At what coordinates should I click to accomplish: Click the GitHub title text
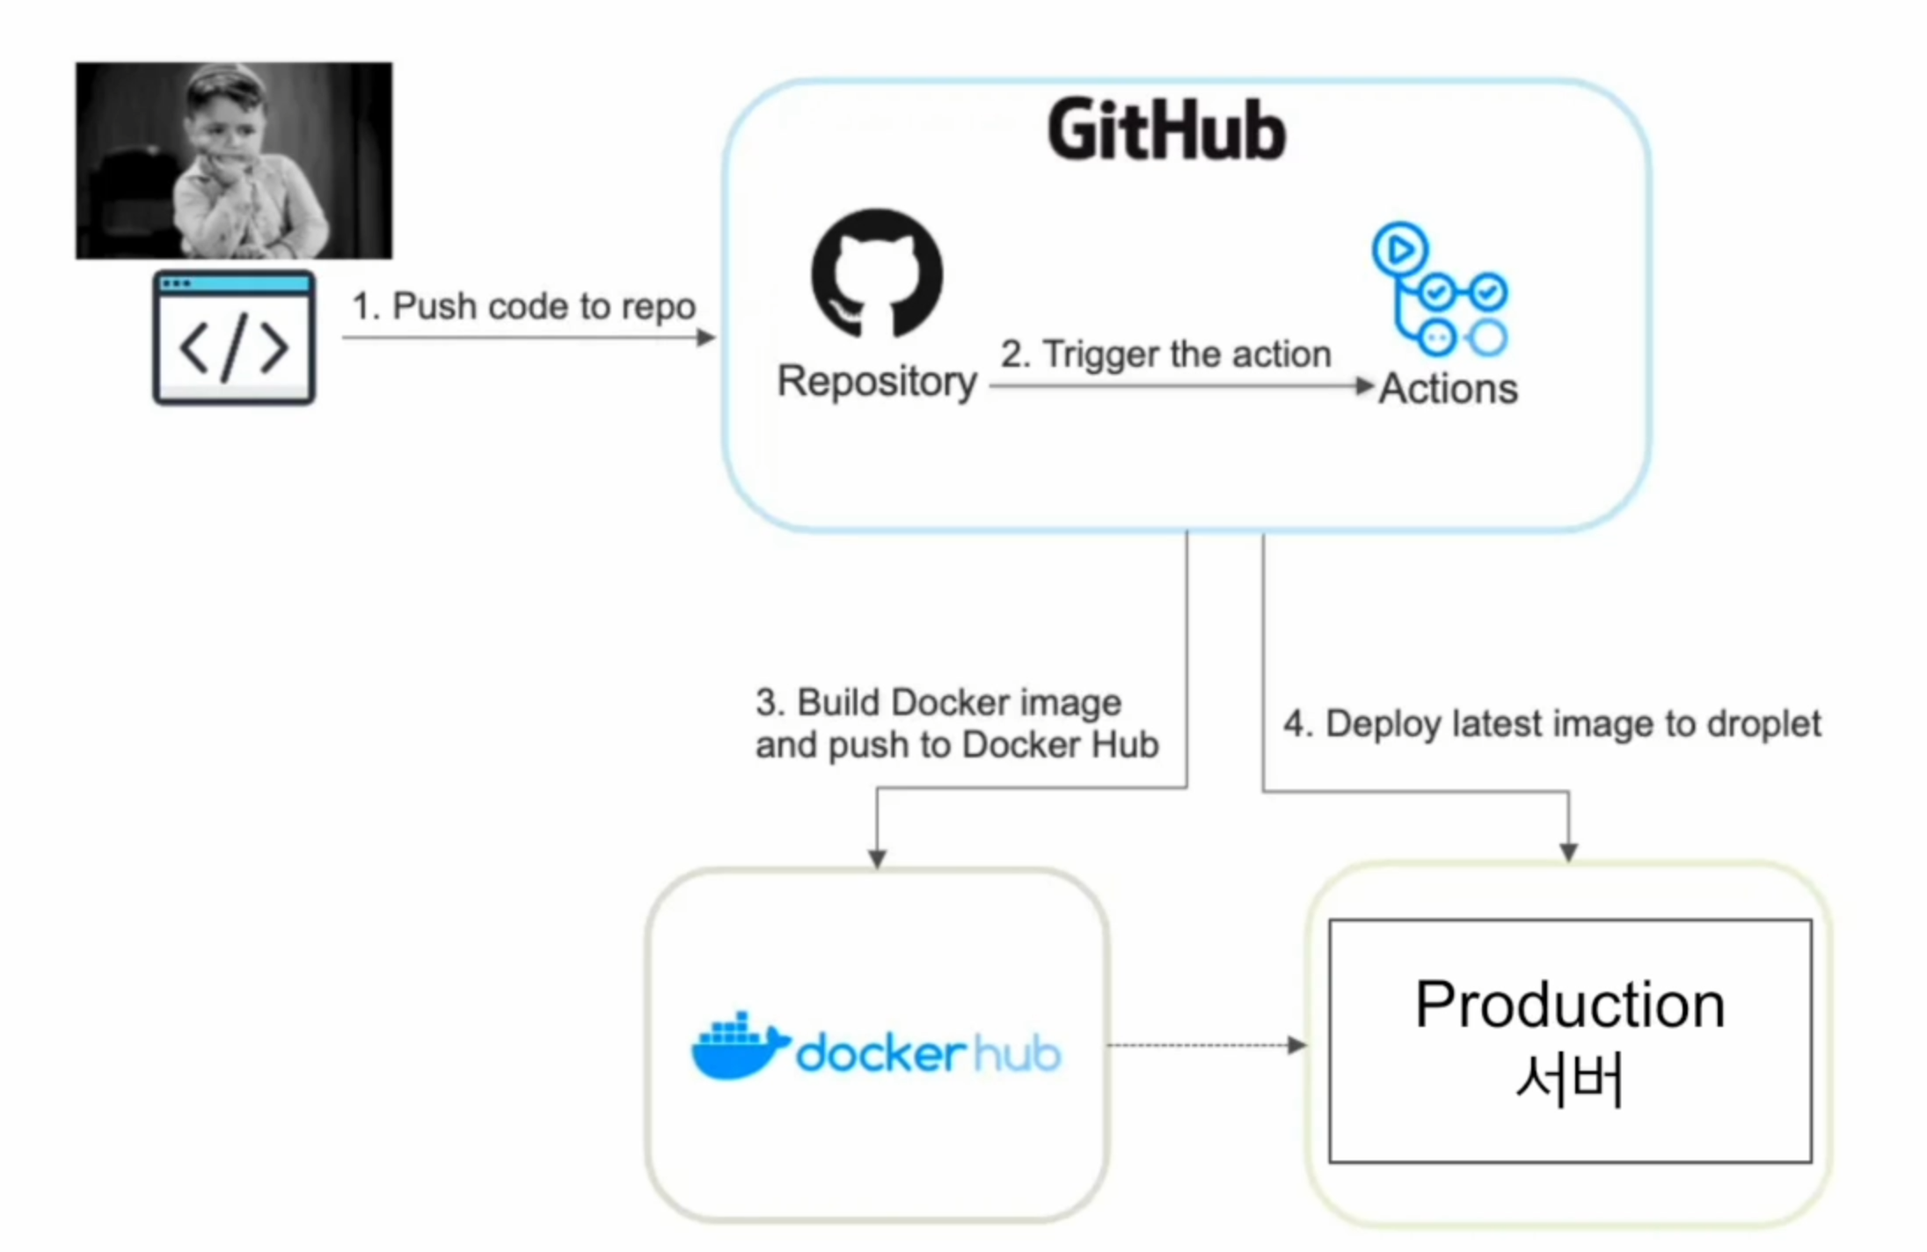click(1166, 131)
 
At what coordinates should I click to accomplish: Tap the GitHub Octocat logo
click(877, 274)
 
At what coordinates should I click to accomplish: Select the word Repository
click(877, 382)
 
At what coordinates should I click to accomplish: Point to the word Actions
click(1449, 389)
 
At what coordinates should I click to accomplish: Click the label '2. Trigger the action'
click(1165, 355)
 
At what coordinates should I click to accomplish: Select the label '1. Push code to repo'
click(523, 306)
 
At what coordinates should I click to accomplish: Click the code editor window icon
click(234, 339)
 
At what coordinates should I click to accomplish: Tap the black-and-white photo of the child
click(234, 160)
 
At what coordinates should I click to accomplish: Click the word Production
click(1570, 1005)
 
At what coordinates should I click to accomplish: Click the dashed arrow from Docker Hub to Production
click(1205, 1045)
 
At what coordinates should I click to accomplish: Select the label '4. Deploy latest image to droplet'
click(1552, 724)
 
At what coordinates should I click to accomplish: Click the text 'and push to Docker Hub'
click(957, 745)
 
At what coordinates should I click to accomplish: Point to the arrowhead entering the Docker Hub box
click(877, 858)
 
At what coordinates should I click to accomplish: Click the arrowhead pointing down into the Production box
click(1568, 851)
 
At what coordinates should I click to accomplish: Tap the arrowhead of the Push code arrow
click(705, 337)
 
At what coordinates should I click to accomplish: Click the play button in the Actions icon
click(1399, 250)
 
